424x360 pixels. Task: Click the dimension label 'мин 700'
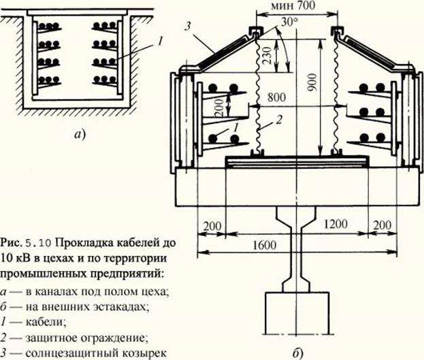[293, 5]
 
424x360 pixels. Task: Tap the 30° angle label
[289, 22]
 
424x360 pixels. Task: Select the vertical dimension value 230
[267, 55]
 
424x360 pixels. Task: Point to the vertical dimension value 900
[312, 82]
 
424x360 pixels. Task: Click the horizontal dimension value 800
[276, 97]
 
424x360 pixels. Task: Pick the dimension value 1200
[336, 224]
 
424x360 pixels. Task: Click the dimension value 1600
[265, 245]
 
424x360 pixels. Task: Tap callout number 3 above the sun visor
[189, 27]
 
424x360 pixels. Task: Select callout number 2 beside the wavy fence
[279, 119]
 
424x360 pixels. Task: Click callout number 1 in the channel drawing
[160, 42]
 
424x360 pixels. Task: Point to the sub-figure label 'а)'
[80, 134]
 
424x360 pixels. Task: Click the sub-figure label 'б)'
[297, 353]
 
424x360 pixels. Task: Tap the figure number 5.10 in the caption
[37, 243]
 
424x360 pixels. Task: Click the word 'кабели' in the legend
[46, 323]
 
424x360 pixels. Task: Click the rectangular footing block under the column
[297, 313]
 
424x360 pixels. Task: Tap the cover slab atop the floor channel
[78, 13]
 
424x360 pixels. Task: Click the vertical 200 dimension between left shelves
[220, 107]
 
